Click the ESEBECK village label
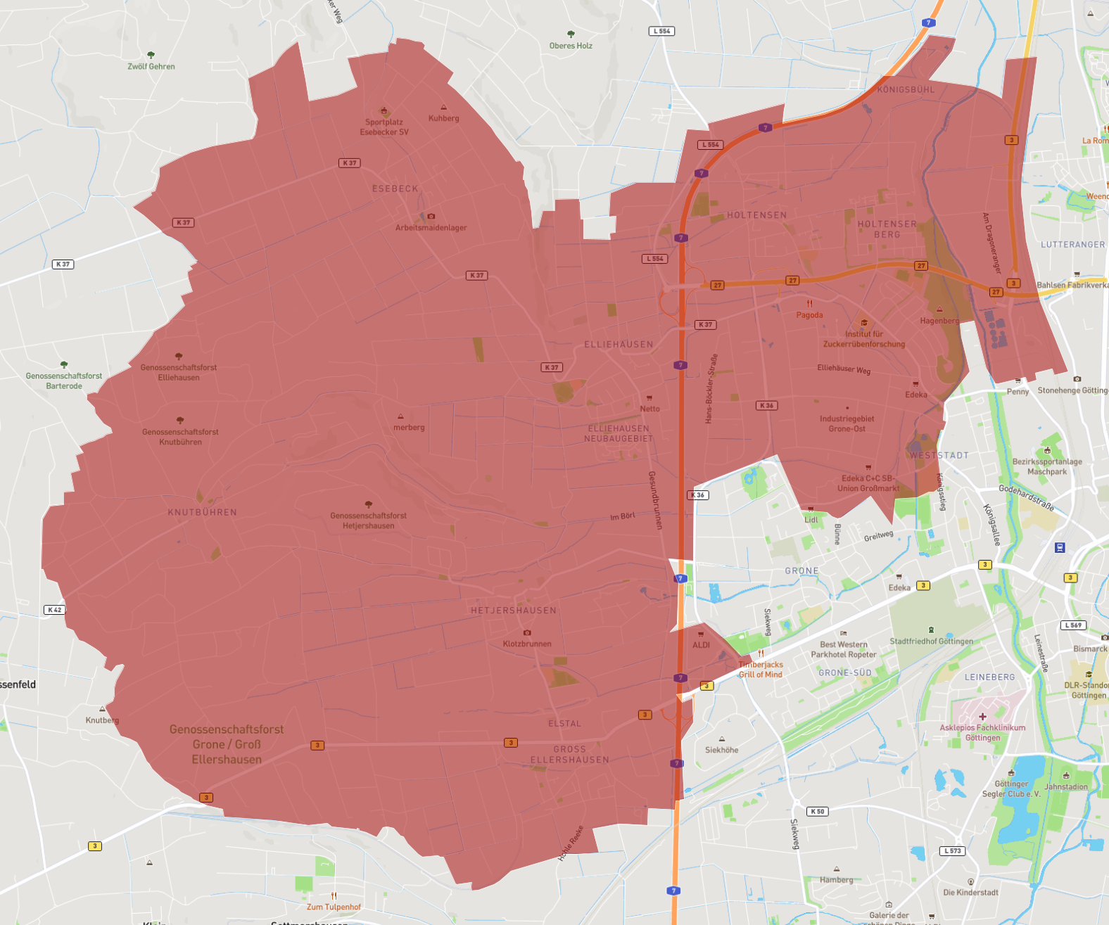[395, 189]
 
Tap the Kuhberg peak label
[443, 117]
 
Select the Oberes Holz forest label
[571, 46]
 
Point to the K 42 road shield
[54, 610]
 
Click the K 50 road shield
[817, 811]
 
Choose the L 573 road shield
[952, 850]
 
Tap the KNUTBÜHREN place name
[202, 512]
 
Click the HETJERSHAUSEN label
[514, 611]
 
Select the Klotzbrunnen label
[527, 644]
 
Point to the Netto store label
[650, 409]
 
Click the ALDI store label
[702, 644]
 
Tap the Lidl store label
[811, 520]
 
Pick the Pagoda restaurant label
[809, 314]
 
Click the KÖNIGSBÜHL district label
[906, 90]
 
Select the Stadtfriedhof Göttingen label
[931, 641]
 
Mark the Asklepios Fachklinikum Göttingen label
[982, 732]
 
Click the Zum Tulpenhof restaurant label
[334, 907]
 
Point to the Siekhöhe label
[721, 750]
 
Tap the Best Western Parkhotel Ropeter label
[843, 649]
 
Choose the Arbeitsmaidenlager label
[431, 227]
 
